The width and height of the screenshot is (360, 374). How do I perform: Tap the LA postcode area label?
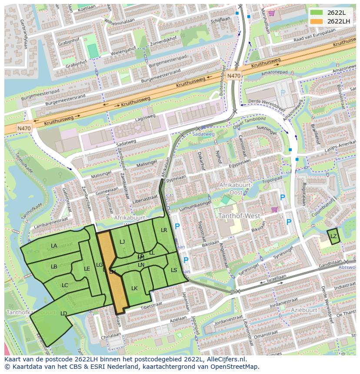54,246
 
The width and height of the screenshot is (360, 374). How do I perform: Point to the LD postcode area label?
63,313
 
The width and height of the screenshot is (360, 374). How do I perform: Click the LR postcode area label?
164,230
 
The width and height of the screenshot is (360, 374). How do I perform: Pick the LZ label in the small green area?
333,236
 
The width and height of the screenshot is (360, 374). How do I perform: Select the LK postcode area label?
134,288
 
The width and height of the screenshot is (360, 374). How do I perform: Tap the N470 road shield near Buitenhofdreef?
234,76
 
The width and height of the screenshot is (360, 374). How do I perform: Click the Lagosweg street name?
145,117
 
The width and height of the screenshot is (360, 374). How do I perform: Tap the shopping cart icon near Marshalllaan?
272,13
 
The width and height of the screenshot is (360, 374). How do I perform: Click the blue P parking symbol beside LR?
177,226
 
